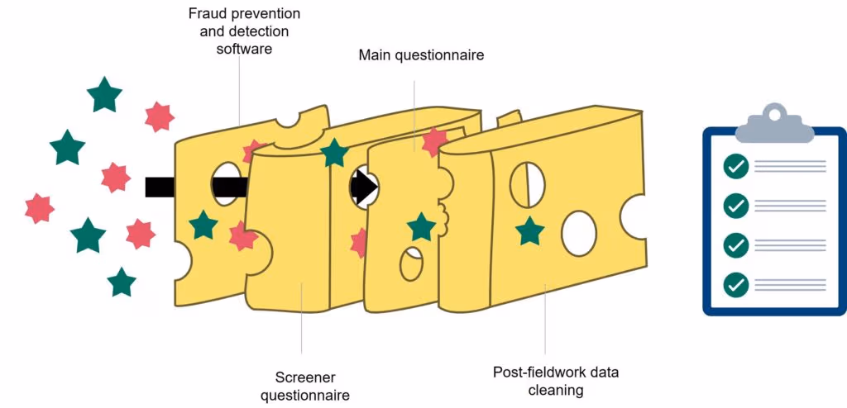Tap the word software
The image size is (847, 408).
(x=244, y=49)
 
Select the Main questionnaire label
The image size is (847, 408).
(x=421, y=55)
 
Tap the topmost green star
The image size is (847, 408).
(x=104, y=95)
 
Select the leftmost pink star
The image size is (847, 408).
(x=39, y=207)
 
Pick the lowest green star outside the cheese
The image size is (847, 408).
(x=122, y=282)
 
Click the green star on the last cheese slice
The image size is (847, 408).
(x=530, y=231)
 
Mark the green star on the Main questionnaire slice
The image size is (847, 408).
(x=421, y=226)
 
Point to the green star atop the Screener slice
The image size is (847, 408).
(x=333, y=153)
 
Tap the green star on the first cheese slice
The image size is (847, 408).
(x=203, y=225)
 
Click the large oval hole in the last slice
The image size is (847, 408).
(x=579, y=232)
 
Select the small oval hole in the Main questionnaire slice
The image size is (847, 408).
(x=411, y=263)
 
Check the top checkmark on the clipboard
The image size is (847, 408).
(x=735, y=167)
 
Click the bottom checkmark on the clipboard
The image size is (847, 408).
(x=735, y=285)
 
